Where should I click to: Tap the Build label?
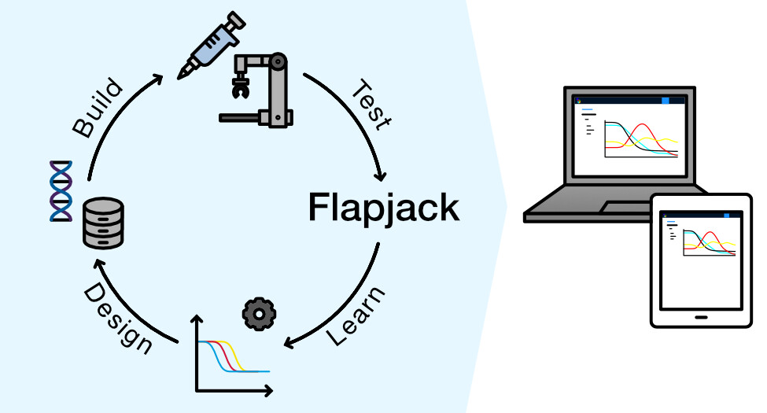click(x=98, y=107)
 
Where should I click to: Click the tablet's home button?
click(x=697, y=319)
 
